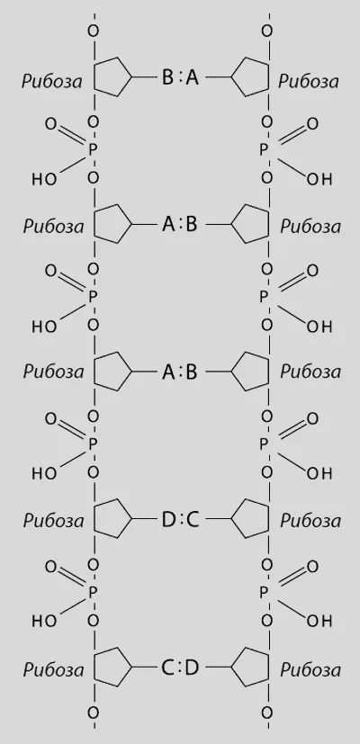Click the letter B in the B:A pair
167,76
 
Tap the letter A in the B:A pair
192,76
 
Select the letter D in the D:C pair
168,521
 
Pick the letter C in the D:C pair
192,521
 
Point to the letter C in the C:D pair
168,668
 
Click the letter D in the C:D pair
192,668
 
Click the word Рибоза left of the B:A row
52,82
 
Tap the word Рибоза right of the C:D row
310,670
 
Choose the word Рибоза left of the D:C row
54,521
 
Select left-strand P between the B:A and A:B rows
93,150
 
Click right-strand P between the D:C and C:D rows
265,593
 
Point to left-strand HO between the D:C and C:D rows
45,621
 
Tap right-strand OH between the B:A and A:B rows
319,179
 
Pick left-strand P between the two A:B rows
93,298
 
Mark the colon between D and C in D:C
181,521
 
